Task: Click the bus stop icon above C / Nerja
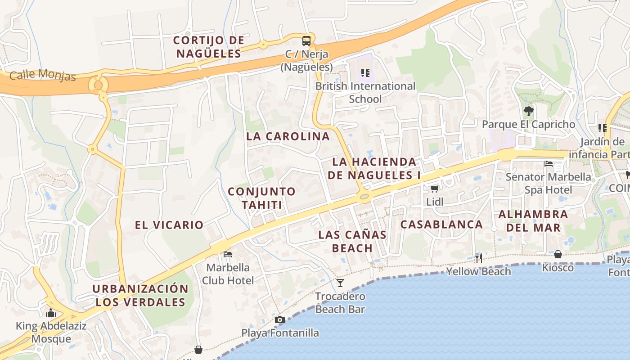point(306,40)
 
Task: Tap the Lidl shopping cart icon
point(434,189)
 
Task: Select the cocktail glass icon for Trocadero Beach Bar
point(340,283)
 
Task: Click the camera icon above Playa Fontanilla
point(280,319)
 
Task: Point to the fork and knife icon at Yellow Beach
point(478,258)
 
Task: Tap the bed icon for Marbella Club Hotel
point(228,254)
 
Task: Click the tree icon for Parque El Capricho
point(528,111)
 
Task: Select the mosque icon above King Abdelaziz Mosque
point(51,312)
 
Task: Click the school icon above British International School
point(365,72)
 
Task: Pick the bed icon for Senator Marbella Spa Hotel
point(549,163)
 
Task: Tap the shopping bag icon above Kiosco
point(558,254)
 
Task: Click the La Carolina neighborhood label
point(288,136)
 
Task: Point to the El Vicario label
point(169,225)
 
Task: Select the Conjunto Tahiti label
point(262,198)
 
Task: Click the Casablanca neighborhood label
point(441,224)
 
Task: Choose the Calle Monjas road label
point(43,75)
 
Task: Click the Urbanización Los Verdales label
point(140,295)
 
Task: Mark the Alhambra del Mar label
point(533,221)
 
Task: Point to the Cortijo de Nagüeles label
point(209,47)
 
